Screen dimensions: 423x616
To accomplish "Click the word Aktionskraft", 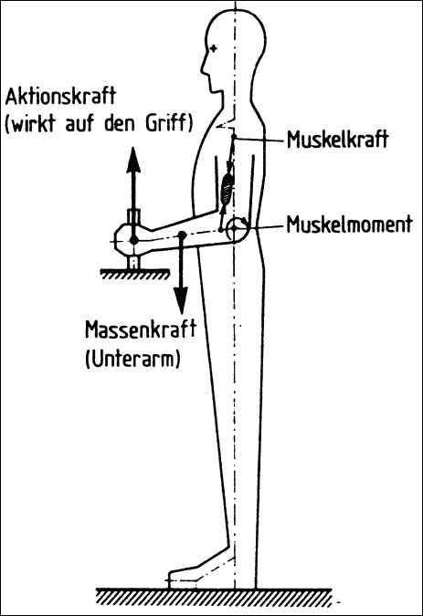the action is [x=60, y=97].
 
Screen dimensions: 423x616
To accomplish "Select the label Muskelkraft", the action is [x=338, y=139].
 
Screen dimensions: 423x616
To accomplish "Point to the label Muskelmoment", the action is [x=350, y=224].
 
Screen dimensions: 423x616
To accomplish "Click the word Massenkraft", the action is [x=141, y=329].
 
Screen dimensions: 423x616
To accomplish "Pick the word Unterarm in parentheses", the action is [x=132, y=359].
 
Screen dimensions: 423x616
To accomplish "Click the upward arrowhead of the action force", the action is [x=133, y=160].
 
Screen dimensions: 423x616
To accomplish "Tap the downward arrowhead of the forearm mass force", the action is [x=181, y=300].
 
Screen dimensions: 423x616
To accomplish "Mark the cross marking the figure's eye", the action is [x=213, y=48].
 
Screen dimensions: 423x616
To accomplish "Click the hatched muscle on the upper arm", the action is [x=227, y=188].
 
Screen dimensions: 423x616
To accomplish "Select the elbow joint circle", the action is [x=234, y=228].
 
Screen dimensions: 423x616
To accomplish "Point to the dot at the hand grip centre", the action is [x=134, y=240].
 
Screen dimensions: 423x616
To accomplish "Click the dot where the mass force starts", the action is [x=182, y=235].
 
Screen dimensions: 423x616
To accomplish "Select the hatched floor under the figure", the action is [x=216, y=596].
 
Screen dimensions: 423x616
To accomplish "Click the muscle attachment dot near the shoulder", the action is [x=234, y=136].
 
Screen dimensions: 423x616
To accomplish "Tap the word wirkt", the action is [x=34, y=123].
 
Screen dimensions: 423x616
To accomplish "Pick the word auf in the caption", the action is [x=81, y=123].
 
